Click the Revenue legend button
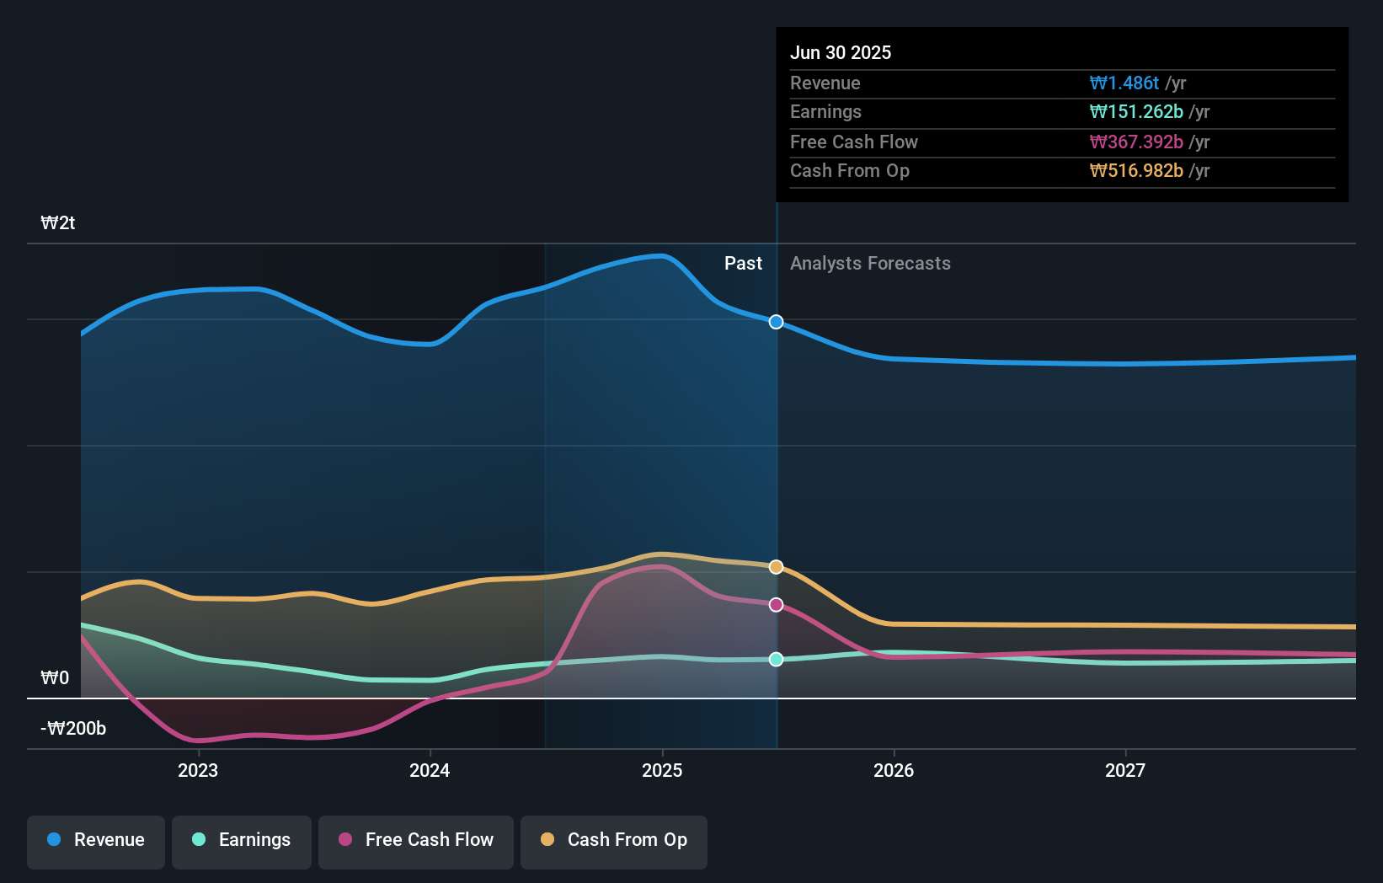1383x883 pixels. pyautogui.click(x=96, y=840)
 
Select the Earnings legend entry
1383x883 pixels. pyautogui.click(x=242, y=840)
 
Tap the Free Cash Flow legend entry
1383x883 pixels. pyautogui.click(x=416, y=840)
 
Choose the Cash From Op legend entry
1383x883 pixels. pyautogui.click(x=614, y=840)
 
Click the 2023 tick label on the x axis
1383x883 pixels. pyautogui.click(x=198, y=770)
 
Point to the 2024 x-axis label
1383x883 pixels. pyautogui.click(x=430, y=770)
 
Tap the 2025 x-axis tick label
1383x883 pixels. pyautogui.click(x=662, y=770)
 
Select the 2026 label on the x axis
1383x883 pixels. pyautogui.click(x=894, y=770)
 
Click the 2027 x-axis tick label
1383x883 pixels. pyautogui.click(x=1125, y=770)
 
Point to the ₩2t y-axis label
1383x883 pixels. pyautogui.click(x=58, y=223)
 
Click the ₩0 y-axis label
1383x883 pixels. pyautogui.click(x=55, y=678)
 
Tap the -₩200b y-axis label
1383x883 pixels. pyautogui.click(x=74, y=729)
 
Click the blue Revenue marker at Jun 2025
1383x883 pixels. pyautogui.click(x=777, y=322)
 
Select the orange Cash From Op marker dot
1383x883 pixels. pyautogui.click(x=777, y=567)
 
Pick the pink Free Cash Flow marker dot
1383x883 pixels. pyautogui.click(x=777, y=605)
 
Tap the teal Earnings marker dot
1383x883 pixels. pyautogui.click(x=777, y=659)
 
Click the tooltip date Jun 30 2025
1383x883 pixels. pyautogui.click(x=841, y=52)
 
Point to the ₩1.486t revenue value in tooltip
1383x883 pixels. pyautogui.click(x=1124, y=83)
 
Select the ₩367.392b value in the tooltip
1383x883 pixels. pyautogui.click(x=1136, y=142)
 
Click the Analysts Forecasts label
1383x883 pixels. pyautogui.click(x=870, y=264)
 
